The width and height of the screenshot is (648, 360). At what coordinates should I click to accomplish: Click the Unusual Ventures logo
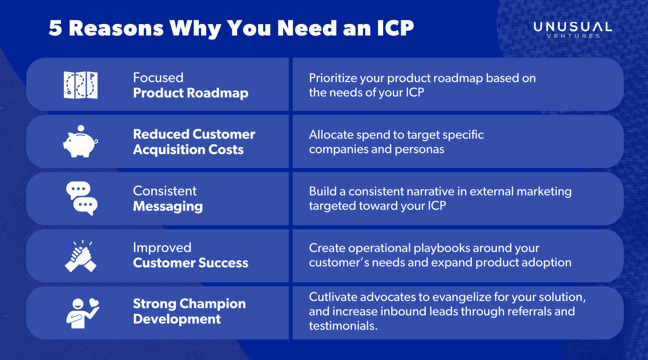tap(573, 29)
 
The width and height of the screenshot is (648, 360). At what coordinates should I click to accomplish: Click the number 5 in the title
tap(56, 29)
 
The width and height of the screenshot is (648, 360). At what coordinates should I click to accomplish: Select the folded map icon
tap(81, 85)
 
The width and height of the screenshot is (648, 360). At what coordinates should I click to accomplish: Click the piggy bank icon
tap(80, 142)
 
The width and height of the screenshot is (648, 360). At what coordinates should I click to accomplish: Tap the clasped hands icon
tap(81, 255)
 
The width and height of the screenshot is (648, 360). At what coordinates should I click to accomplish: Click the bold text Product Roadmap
tap(191, 93)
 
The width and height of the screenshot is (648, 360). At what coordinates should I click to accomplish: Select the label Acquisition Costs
tap(188, 150)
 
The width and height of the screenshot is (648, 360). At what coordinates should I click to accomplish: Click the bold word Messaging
tap(168, 206)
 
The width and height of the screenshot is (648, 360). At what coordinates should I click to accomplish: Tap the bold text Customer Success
tap(191, 263)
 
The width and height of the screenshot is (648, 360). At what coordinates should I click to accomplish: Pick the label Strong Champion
tap(189, 304)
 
